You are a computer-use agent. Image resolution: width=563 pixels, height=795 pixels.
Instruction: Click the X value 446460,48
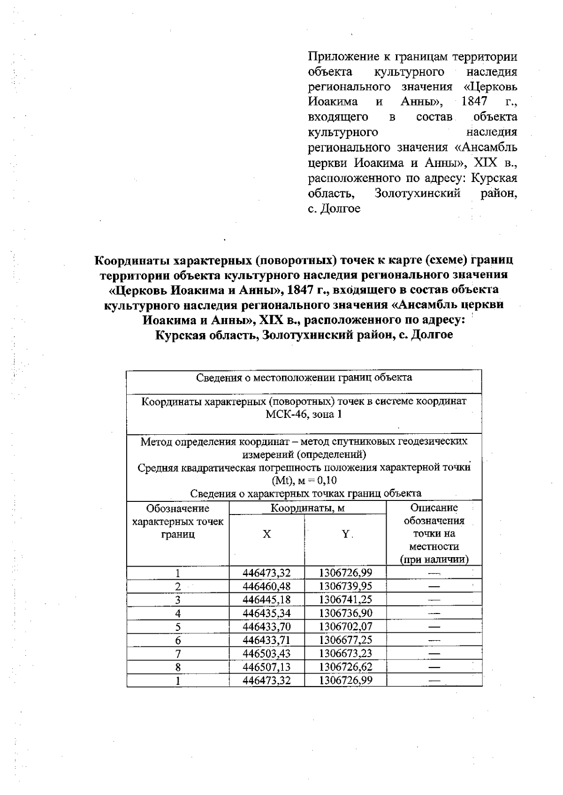point(266,586)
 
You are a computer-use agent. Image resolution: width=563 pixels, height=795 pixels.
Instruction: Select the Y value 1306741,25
point(345,600)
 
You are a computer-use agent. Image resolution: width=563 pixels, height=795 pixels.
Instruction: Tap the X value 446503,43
point(266,653)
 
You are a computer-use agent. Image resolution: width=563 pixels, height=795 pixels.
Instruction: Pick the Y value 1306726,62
point(345,667)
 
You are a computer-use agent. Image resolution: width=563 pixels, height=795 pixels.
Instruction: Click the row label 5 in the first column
point(178,627)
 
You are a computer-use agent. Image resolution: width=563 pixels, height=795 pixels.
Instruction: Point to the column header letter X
point(266,534)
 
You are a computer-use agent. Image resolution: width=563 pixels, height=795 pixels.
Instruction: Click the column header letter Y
point(345,534)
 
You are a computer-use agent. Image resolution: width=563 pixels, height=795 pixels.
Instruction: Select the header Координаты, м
point(308,508)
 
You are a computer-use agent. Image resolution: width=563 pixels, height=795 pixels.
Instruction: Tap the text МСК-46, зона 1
point(304,415)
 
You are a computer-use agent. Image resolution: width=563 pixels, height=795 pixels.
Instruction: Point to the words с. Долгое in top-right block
point(334,209)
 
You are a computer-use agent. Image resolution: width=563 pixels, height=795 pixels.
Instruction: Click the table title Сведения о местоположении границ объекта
point(304,378)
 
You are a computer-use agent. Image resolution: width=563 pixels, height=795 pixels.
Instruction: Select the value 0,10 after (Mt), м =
point(327,480)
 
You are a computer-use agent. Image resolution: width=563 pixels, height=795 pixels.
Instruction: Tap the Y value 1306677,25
point(345,640)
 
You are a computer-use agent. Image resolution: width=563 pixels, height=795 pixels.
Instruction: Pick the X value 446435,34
point(266,613)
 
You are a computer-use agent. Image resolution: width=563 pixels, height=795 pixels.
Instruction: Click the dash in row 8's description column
point(434,667)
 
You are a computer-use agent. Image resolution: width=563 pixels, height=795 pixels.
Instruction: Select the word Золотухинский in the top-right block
point(417,193)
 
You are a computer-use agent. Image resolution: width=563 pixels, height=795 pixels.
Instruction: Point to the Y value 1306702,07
point(345,627)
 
